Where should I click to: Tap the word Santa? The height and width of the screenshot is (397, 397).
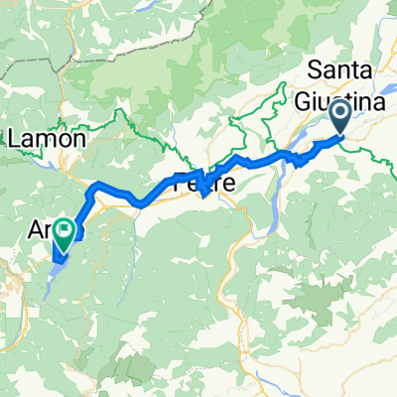(341, 70)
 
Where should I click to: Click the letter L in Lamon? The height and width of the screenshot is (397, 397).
(14, 140)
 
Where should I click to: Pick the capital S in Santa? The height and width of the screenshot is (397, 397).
(317, 70)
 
